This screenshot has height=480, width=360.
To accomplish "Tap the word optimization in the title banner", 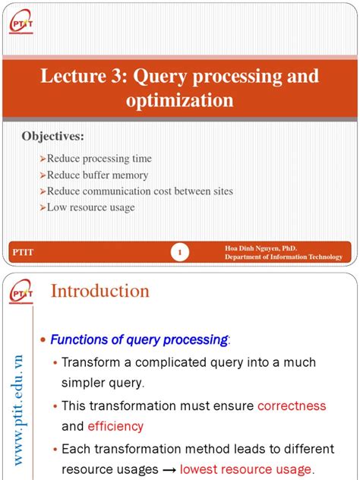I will click(x=179, y=100).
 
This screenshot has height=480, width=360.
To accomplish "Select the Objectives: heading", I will click(x=52, y=136).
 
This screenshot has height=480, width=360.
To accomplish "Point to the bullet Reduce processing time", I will click(x=99, y=159).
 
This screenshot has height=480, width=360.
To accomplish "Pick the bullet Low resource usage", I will click(x=90, y=207).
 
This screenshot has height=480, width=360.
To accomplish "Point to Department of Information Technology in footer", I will click(x=283, y=257).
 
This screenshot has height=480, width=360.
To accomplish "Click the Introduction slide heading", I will click(x=99, y=291).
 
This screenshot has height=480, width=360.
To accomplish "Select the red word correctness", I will click(x=292, y=406).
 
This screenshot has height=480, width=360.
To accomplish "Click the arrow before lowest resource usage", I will click(x=169, y=469).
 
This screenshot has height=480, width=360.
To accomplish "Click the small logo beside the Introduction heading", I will click(x=22, y=293).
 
